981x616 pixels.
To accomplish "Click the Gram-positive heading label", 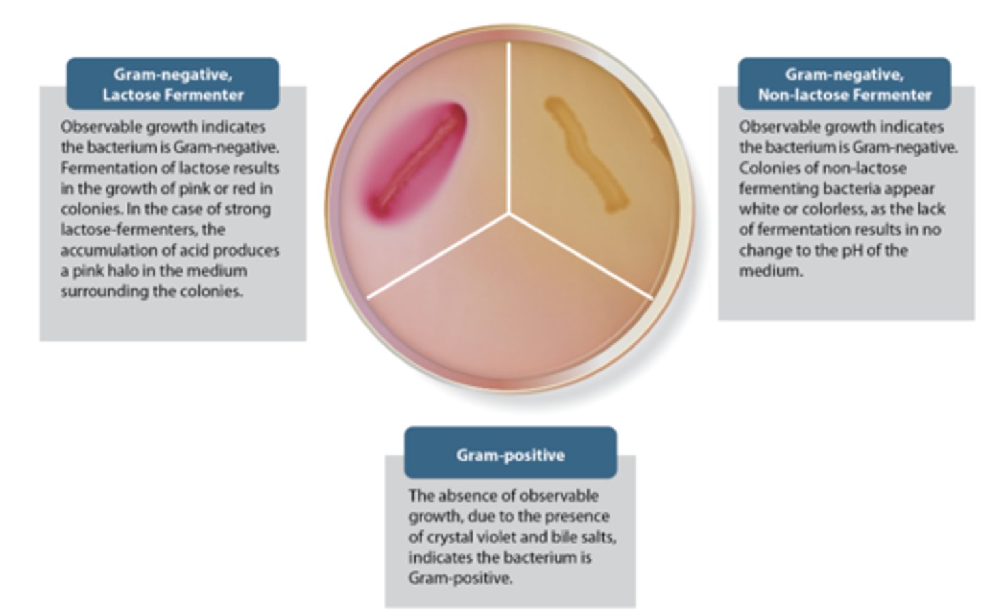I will [x=510, y=455].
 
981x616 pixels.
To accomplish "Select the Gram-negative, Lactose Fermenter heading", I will [x=172, y=84].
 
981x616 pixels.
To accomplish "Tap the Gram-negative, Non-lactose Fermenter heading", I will [x=844, y=84].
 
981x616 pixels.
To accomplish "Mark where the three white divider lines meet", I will [x=509, y=213].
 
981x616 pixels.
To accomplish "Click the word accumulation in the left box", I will [x=102, y=250].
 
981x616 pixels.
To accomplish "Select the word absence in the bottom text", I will [x=465, y=495].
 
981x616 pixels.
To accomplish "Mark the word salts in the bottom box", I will [x=597, y=536].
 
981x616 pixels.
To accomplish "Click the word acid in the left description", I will [x=202, y=250].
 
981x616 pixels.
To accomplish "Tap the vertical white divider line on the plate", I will [x=509, y=123].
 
